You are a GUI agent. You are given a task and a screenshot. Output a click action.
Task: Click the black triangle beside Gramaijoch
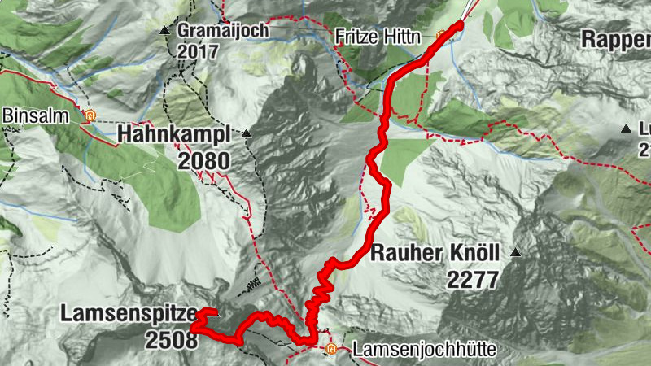[x=166, y=31]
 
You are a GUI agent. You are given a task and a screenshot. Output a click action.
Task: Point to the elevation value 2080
[x=203, y=160]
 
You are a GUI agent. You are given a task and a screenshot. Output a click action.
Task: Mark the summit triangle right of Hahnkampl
[x=246, y=133]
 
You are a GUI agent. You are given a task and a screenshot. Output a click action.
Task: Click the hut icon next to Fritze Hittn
[x=442, y=36]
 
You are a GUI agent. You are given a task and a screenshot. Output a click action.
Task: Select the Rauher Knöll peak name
[x=435, y=253]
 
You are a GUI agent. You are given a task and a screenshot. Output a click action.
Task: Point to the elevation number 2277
[x=472, y=280]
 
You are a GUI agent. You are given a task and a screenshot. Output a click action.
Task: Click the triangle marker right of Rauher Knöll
[x=514, y=253]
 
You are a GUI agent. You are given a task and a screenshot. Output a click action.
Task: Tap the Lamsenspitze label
[x=128, y=313]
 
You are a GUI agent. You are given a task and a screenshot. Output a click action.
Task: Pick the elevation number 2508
[x=172, y=340]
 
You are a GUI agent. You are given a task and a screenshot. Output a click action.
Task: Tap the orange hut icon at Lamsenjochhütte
[x=331, y=350]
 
